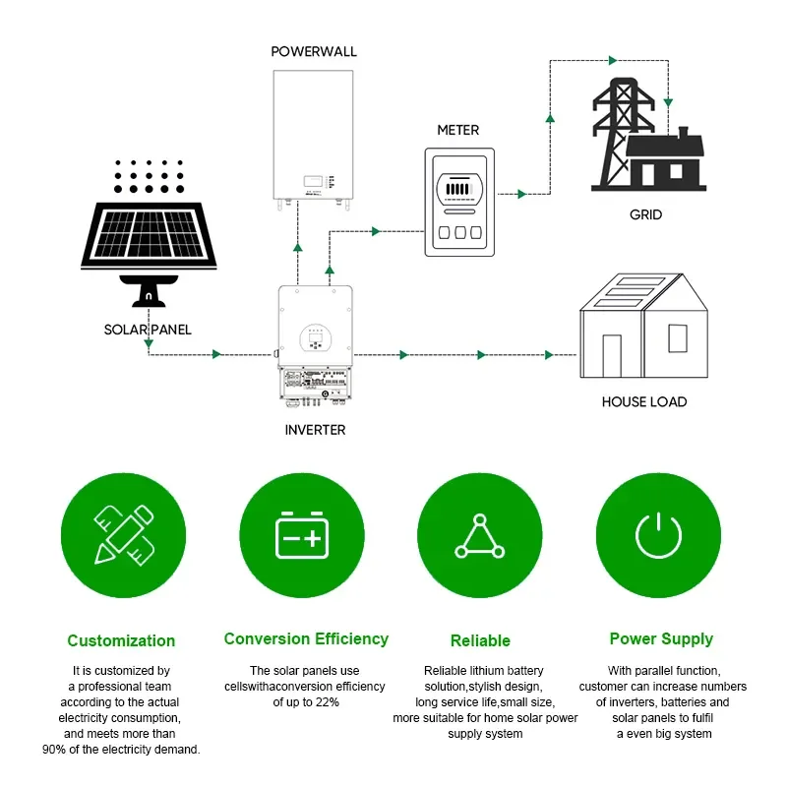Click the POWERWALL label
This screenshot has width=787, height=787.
coord(314,51)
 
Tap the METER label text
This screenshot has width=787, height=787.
coord(457,130)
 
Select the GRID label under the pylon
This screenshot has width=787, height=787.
coord(645,214)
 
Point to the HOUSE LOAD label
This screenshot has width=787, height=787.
coord(644,401)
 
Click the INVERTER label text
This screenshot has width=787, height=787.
coord(315,430)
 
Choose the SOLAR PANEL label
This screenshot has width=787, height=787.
coord(148,330)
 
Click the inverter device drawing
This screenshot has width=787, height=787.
coord(315,344)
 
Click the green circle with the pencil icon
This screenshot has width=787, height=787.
coord(123,536)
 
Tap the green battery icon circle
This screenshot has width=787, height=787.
coord(301,536)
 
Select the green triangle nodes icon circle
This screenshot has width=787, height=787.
coord(480,536)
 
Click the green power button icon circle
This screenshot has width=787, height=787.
coord(658,536)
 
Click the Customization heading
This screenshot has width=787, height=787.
coord(121,640)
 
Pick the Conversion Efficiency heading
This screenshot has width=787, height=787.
coord(306,638)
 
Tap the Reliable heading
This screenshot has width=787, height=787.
coord(480,640)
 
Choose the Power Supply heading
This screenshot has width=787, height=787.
coord(661,638)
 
